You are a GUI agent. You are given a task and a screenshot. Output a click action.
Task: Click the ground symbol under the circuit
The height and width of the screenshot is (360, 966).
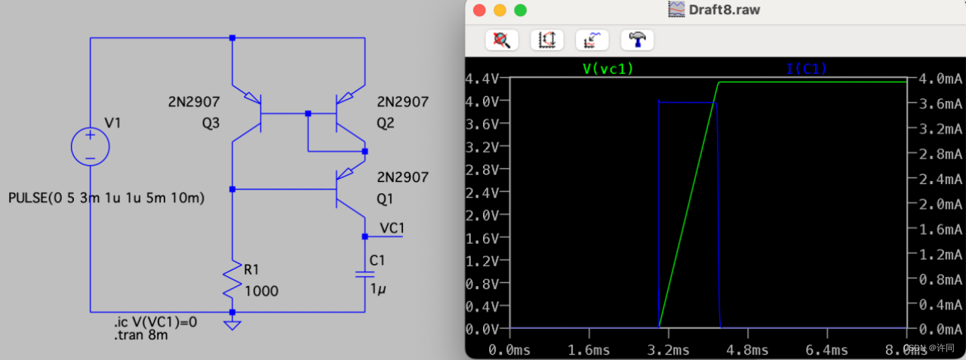[x=232, y=325]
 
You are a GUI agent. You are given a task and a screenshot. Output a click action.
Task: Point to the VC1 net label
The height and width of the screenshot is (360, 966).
[x=392, y=227]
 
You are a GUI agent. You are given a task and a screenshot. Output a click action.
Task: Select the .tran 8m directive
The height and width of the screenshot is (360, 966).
[x=141, y=337]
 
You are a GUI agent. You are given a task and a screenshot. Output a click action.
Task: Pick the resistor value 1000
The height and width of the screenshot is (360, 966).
[x=262, y=291]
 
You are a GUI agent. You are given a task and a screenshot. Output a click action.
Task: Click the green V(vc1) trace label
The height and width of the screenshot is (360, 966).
[x=608, y=69]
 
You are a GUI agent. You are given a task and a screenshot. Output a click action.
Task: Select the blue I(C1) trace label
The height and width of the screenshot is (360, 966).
[x=806, y=69]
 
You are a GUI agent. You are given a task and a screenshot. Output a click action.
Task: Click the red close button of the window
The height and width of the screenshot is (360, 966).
[x=478, y=11]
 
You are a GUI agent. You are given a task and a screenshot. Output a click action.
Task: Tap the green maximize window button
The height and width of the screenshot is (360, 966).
[x=520, y=11]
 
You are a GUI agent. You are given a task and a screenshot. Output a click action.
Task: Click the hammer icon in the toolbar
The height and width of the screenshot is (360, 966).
[x=637, y=39]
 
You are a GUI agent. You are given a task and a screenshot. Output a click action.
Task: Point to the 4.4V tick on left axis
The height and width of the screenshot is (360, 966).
[x=482, y=79]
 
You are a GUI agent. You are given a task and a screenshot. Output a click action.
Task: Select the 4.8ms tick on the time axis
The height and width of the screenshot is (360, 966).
[x=748, y=349]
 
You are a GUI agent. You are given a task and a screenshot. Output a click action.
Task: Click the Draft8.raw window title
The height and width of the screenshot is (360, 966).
[x=724, y=11]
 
